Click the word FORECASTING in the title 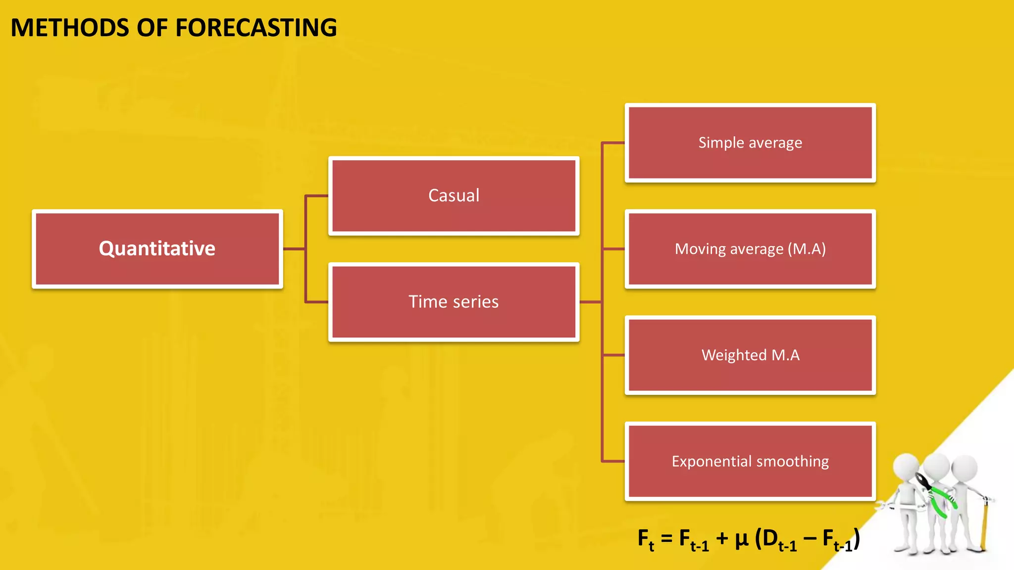(256, 28)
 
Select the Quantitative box (157, 248)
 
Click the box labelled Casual (454, 195)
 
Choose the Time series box (454, 302)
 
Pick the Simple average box (750, 142)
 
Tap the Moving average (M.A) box (750, 249)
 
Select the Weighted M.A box (750, 355)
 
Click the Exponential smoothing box (750, 461)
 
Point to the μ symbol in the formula (741, 539)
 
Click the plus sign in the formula (721, 538)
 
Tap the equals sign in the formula (666, 538)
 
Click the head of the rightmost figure (964, 468)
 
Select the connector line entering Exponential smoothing (613, 461)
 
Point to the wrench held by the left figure (891, 506)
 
